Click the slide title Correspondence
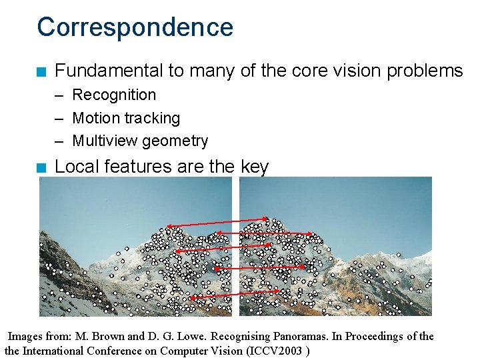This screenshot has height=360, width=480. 135,27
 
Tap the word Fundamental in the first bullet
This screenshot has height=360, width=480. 109,71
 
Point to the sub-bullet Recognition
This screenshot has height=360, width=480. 114,95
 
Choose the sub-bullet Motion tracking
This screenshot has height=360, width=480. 126,118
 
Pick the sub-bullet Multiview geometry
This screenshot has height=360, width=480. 140,141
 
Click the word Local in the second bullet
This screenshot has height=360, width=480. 77,167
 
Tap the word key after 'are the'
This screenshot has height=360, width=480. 253,167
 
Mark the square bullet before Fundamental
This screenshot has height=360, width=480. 42,71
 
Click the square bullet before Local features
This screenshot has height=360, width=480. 42,167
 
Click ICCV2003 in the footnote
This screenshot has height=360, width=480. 275,351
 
